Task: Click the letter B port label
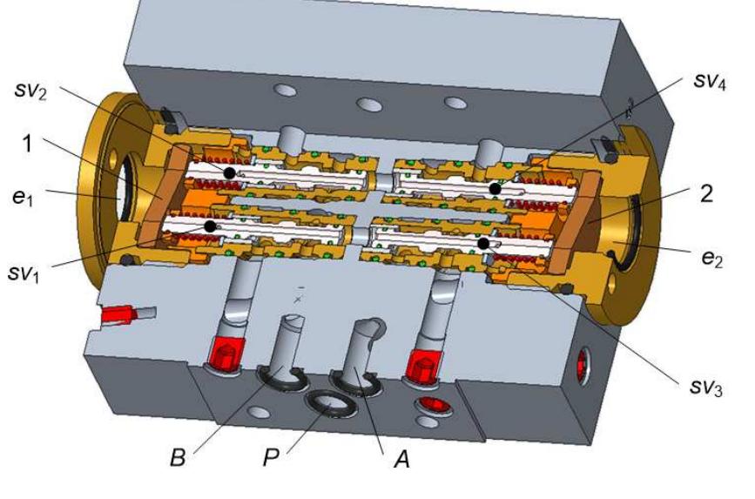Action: coord(179,456)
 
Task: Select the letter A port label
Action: coord(401,456)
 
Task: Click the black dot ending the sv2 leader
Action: coord(229,173)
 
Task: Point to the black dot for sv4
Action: coord(495,188)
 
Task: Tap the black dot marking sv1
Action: coord(210,226)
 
